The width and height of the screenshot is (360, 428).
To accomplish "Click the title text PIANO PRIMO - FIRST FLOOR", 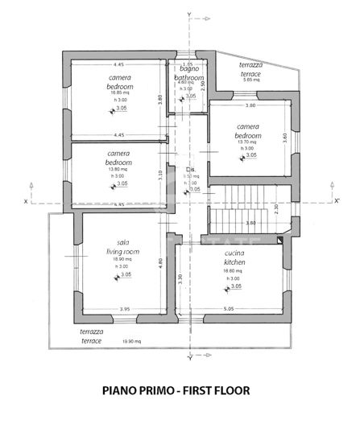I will pyautogui.click(x=176, y=392).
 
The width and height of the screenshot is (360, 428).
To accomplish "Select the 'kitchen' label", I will pyautogui.click(x=235, y=261).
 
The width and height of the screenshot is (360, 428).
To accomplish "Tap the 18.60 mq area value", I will pyautogui.click(x=235, y=271).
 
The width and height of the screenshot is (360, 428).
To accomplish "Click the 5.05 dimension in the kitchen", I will pyautogui.click(x=229, y=308).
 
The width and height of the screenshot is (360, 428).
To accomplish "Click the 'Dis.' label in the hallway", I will pyautogui.click(x=190, y=169).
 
